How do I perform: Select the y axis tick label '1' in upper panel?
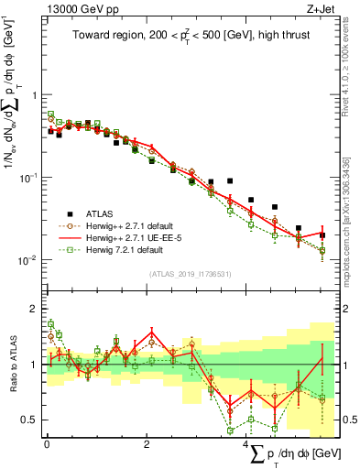35,95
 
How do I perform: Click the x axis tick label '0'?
47,443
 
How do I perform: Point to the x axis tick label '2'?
147,443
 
